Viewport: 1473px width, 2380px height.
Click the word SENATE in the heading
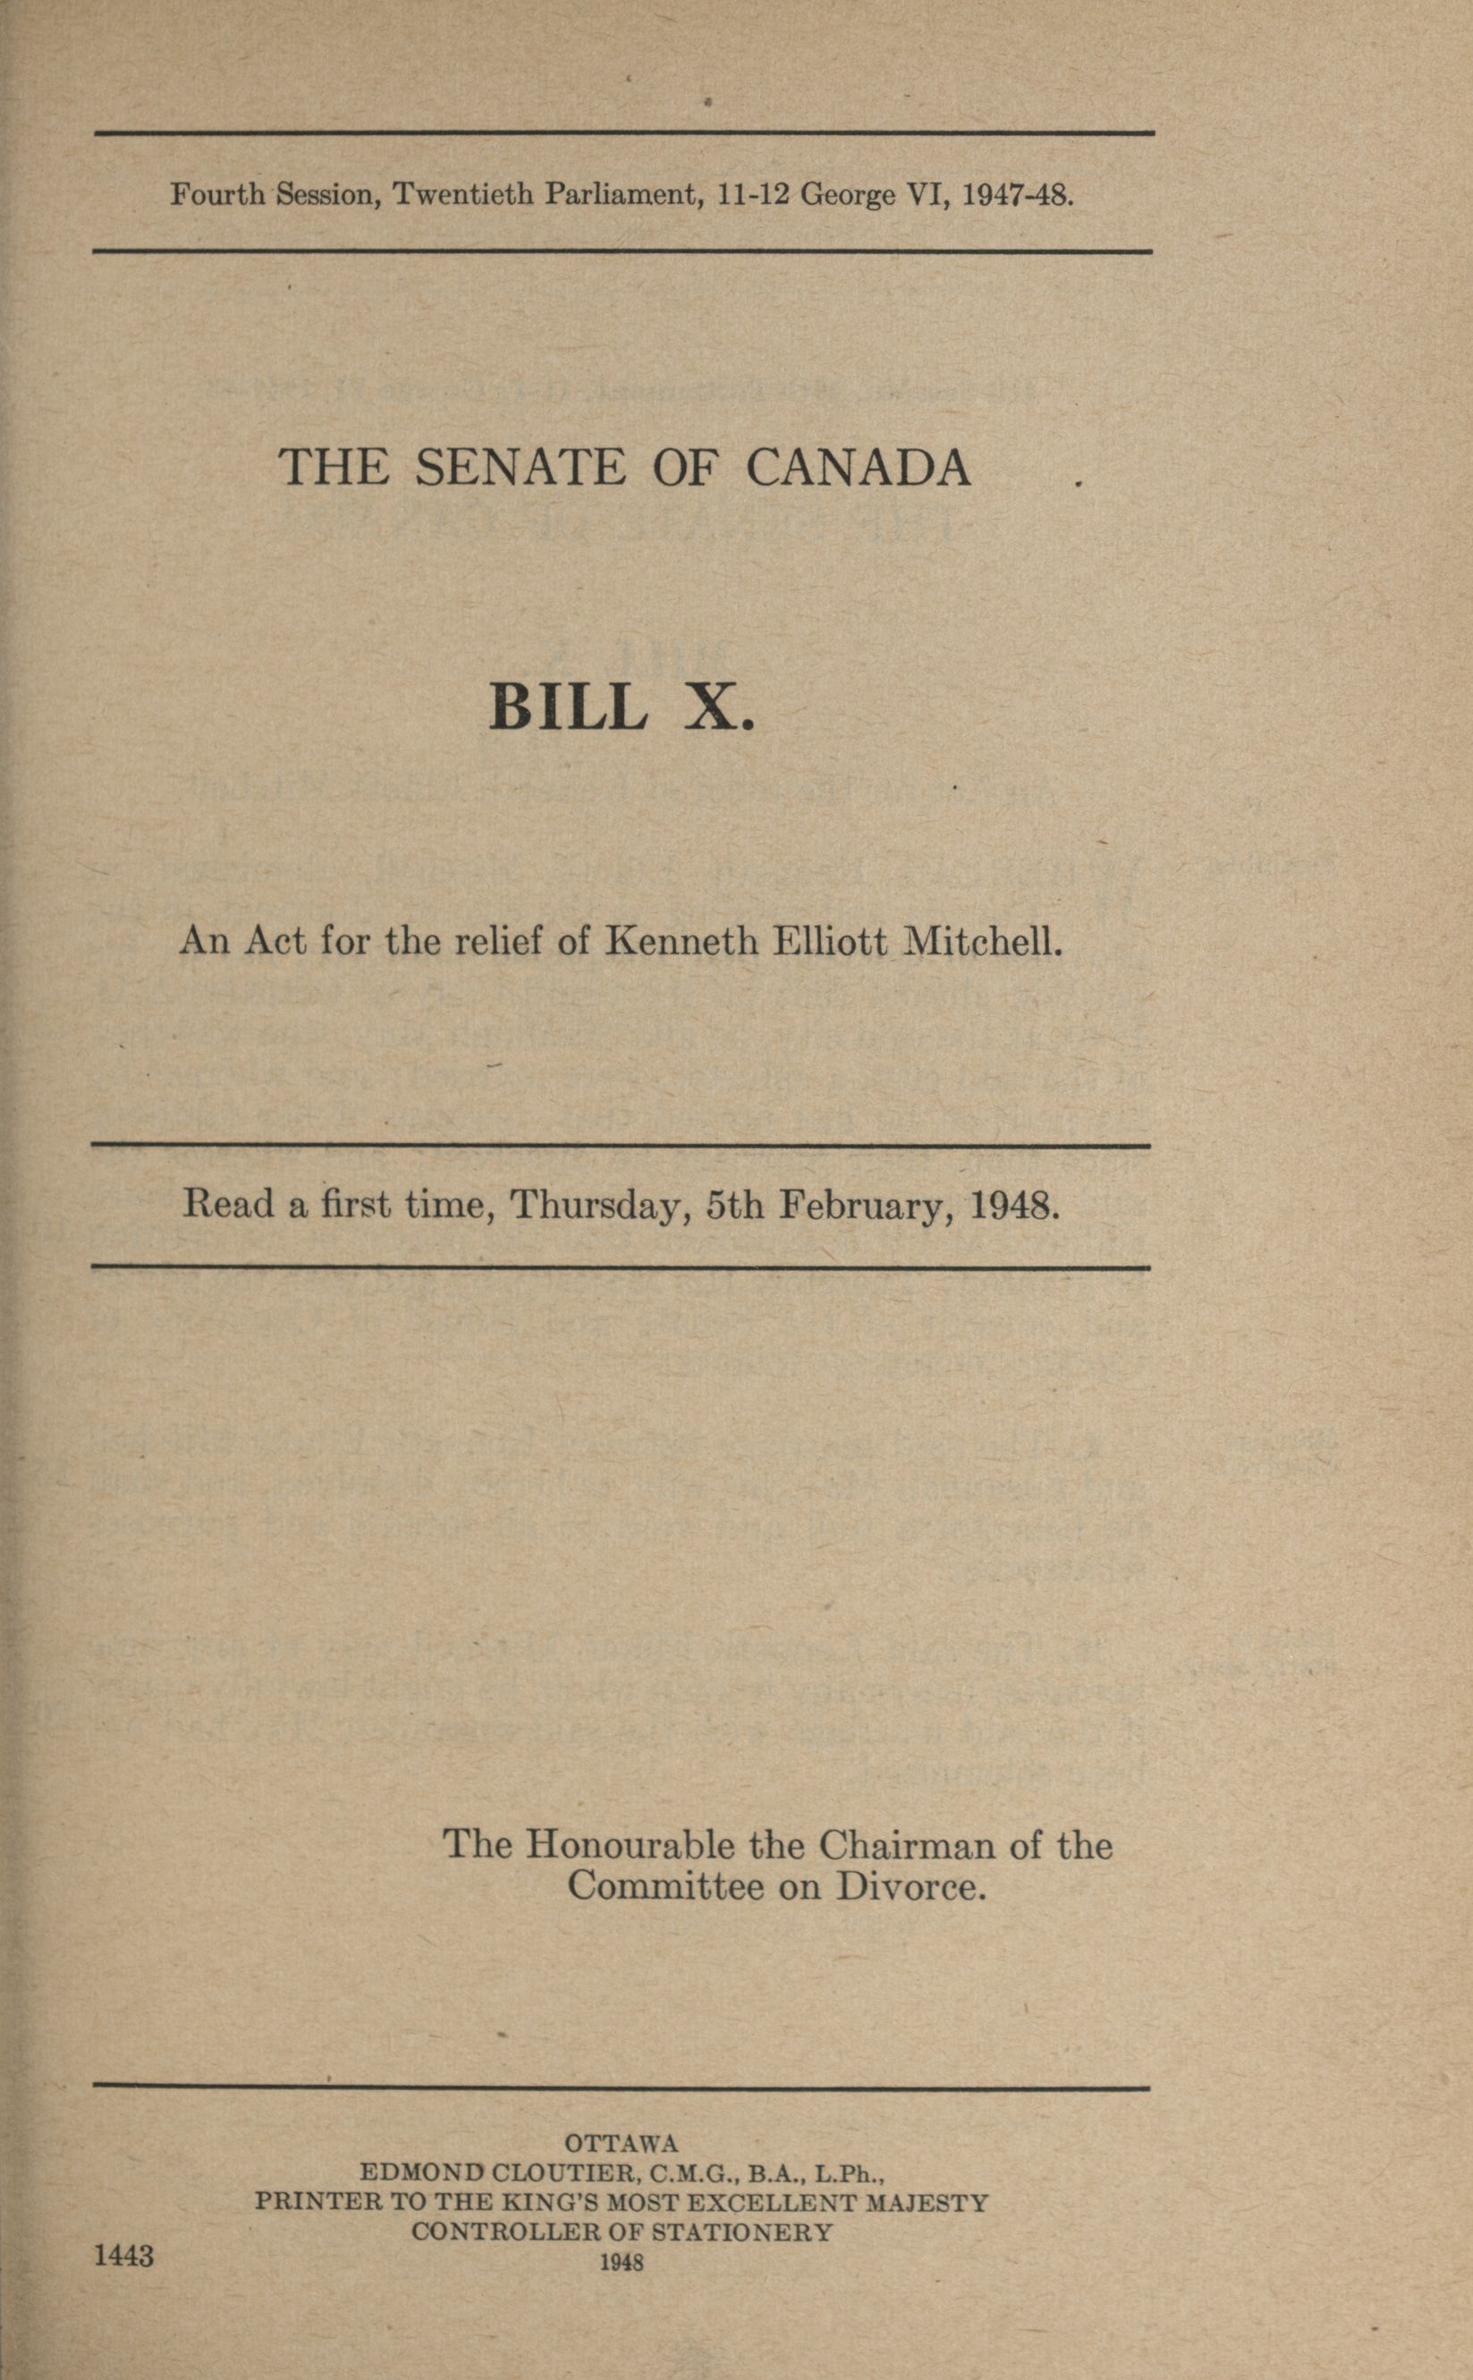pyautogui.click(x=520, y=469)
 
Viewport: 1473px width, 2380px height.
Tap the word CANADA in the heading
pyautogui.click(x=859, y=469)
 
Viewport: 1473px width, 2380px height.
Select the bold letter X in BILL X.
pyautogui.click(x=721, y=707)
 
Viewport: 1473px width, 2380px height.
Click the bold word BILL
pyautogui.click(x=567, y=707)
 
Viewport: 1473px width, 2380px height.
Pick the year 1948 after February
pyautogui.click(x=1013, y=1206)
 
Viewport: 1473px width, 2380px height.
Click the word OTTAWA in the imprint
pyautogui.click(x=621, y=2142)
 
